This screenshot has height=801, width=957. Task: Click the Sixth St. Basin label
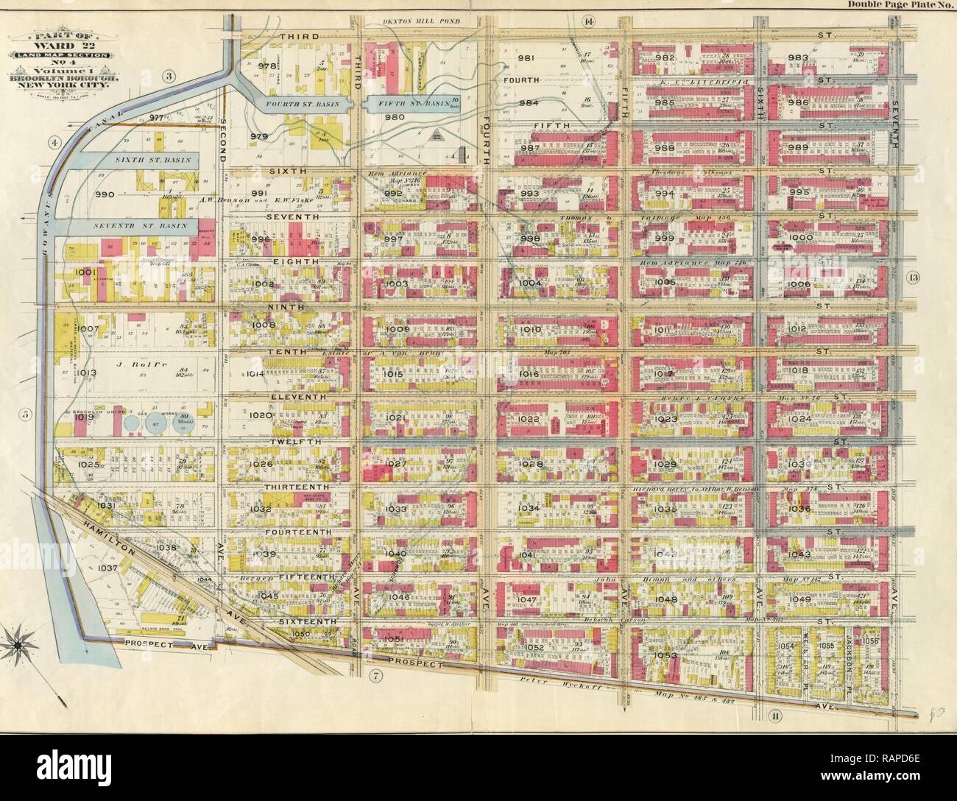point(143,158)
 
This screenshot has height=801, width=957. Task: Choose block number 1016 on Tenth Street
point(530,375)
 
